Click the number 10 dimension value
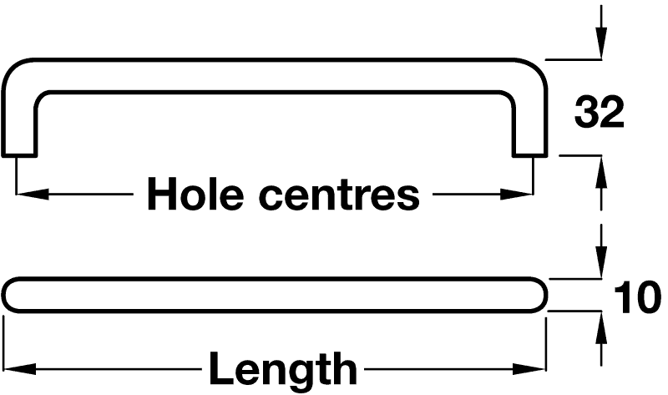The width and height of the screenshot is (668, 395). click(637, 298)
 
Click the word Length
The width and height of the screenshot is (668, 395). click(282, 368)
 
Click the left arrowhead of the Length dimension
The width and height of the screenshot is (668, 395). click(18, 368)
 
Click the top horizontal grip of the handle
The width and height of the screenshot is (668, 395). click(276, 75)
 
